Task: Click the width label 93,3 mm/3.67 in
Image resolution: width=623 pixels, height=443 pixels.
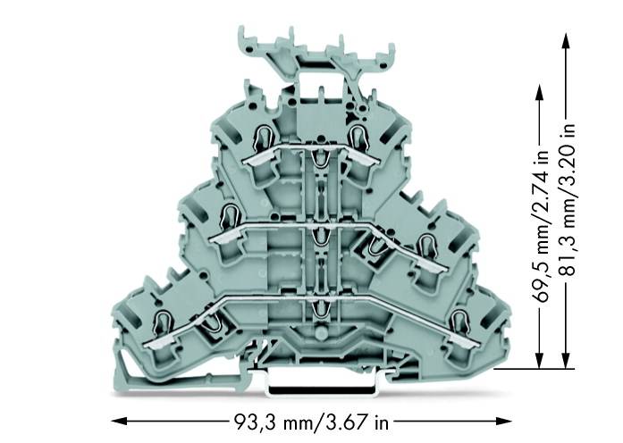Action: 311,421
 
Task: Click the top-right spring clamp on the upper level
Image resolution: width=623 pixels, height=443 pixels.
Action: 359,137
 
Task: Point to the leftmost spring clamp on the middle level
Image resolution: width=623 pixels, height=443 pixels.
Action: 228,214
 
